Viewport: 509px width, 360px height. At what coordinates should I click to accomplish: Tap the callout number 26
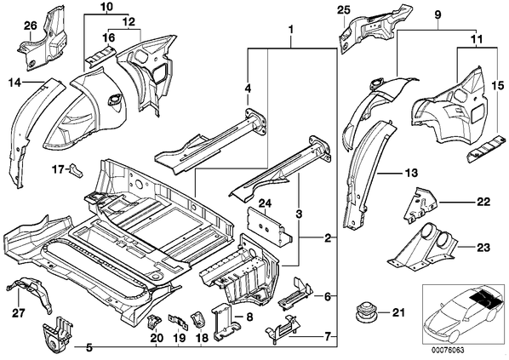(x=31, y=26)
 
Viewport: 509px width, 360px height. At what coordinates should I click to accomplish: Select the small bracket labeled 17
(x=76, y=169)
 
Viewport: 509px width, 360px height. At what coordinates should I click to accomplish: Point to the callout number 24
(x=266, y=203)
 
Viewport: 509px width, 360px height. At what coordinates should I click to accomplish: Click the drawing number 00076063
(x=448, y=351)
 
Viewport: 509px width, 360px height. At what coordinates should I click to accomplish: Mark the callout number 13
(x=411, y=173)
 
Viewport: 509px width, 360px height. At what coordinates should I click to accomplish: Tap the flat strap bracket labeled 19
(x=178, y=322)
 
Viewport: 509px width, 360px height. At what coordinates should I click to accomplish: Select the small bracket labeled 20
(x=153, y=321)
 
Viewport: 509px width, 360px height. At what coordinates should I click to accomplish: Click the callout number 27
(x=18, y=313)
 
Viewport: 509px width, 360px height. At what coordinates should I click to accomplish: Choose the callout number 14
(x=14, y=83)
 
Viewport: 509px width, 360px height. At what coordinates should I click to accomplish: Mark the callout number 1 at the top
(x=291, y=30)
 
